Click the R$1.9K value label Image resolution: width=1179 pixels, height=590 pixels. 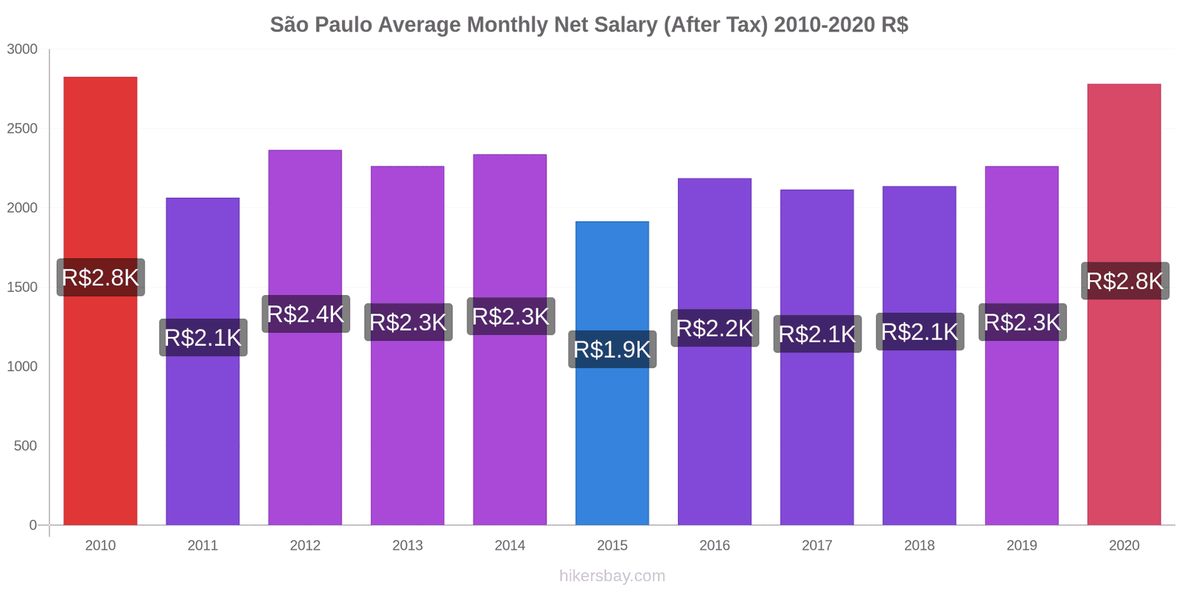[612, 350]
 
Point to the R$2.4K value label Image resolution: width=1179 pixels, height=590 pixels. [305, 314]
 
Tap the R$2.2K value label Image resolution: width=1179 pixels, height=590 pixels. [714, 328]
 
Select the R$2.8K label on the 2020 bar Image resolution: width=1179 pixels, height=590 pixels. [1124, 281]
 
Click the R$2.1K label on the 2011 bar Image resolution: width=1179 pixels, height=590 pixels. [203, 338]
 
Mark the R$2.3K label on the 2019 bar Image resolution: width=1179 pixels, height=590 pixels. [1022, 322]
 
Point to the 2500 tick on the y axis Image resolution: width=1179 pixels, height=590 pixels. [22, 128]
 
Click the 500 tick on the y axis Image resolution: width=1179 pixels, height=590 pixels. [25, 445]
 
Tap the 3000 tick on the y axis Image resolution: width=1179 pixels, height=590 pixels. [22, 49]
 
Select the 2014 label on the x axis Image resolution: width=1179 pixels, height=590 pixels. [510, 546]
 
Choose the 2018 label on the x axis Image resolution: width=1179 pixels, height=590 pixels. [919, 546]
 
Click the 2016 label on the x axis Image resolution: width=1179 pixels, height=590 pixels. [714, 546]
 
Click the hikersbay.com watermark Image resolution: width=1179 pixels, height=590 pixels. [612, 576]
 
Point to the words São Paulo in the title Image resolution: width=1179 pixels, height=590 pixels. [321, 25]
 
